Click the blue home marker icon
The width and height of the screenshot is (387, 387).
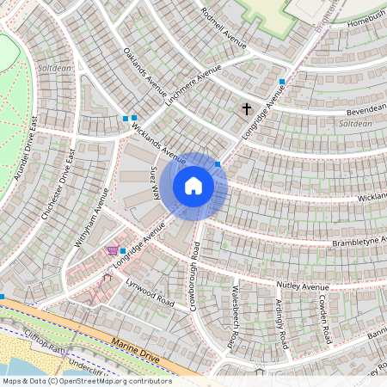click(x=193, y=186)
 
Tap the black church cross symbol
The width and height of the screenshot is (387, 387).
click(x=248, y=109)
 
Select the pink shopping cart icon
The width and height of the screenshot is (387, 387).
click(x=112, y=250)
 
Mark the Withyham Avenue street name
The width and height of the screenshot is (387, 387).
click(x=92, y=218)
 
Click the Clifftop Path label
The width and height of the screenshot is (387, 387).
click(x=46, y=343)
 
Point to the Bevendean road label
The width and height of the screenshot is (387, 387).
click(x=365, y=109)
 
